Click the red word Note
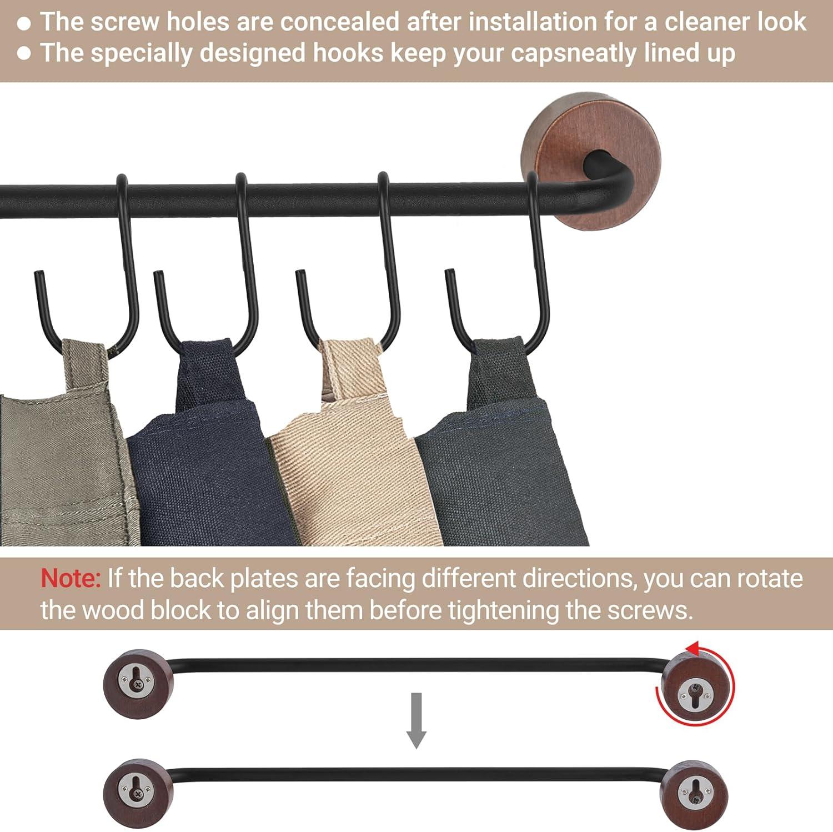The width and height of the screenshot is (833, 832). [x=70, y=578]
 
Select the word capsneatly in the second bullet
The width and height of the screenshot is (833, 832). [x=574, y=53]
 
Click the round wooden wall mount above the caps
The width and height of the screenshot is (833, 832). [x=591, y=161]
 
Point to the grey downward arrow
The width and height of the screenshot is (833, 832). [x=416, y=720]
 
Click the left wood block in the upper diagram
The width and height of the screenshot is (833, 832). [x=138, y=684]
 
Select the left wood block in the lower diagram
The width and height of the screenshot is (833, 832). [x=138, y=793]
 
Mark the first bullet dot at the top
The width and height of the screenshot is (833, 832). [x=24, y=23]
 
